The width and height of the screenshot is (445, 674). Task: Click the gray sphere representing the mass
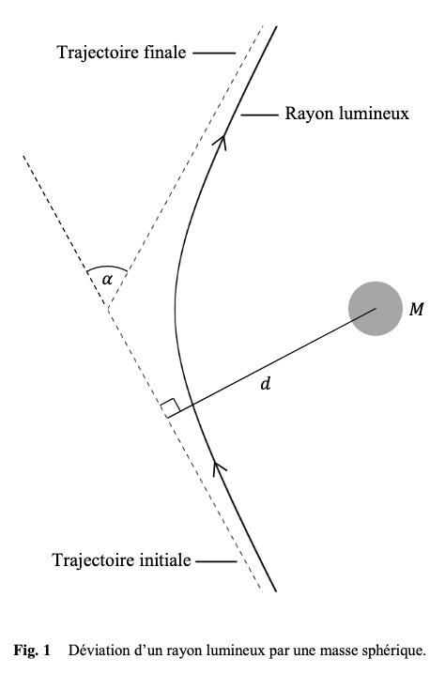(x=376, y=309)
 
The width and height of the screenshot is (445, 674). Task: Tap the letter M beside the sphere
(x=417, y=309)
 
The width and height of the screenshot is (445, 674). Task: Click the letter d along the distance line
(x=266, y=383)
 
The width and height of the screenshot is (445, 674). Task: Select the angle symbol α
(x=107, y=281)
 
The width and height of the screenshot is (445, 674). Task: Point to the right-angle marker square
(x=170, y=408)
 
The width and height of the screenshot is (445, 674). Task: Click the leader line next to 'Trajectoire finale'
(x=214, y=54)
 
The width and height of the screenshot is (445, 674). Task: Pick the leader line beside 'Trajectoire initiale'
(x=216, y=561)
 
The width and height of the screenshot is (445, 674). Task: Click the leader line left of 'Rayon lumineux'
(x=260, y=115)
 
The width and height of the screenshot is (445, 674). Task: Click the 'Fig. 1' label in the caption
(x=32, y=650)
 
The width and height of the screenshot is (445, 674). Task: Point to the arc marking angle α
(x=107, y=266)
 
